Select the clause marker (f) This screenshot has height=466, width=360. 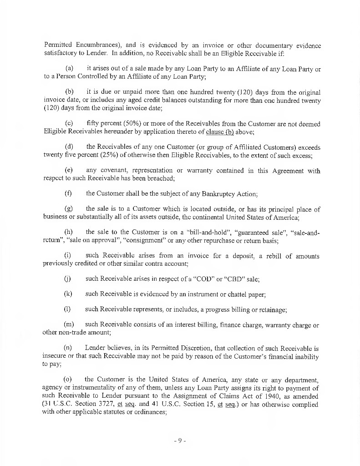tap(68, 193)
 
